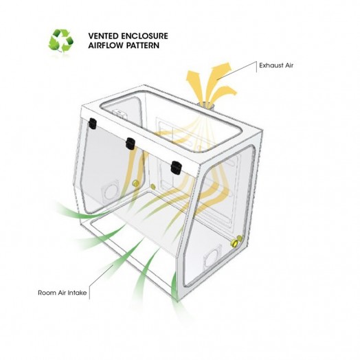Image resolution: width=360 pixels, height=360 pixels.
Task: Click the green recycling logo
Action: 61,40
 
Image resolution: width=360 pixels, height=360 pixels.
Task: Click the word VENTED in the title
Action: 103,36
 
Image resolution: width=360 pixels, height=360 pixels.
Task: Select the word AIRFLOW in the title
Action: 106,45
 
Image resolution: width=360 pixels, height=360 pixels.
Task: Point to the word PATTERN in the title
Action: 143,45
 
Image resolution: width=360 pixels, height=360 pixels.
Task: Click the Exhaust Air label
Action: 276,65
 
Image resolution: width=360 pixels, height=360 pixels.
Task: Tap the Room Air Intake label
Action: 63,293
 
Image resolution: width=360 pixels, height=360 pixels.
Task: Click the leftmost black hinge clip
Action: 93,123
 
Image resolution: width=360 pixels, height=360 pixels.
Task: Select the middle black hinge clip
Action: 130,144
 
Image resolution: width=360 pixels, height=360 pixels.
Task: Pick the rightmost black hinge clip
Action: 176,168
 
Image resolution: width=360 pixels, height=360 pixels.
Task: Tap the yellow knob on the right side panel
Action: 236,243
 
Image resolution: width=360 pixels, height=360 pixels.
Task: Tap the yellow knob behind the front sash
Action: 136,183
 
